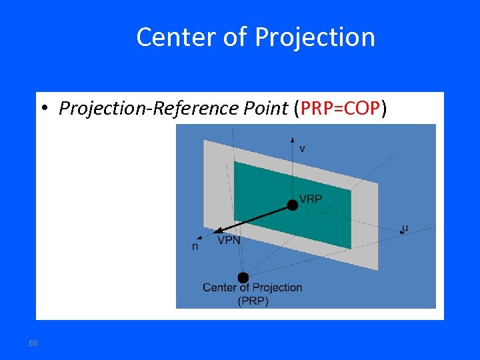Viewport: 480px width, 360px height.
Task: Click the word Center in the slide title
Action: pyautogui.click(x=170, y=37)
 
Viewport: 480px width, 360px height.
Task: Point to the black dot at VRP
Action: pyautogui.click(x=292, y=205)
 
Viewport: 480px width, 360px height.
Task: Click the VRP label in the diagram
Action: pyautogui.click(x=311, y=199)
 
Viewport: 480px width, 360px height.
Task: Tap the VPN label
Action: pyautogui.click(x=229, y=240)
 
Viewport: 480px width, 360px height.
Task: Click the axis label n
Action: pyautogui.click(x=195, y=246)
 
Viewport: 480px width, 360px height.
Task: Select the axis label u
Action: pyautogui.click(x=405, y=228)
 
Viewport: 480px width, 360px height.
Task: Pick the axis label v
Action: pyautogui.click(x=303, y=148)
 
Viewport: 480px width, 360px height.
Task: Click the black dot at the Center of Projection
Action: pyautogui.click(x=243, y=277)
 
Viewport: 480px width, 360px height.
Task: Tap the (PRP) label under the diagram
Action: pyautogui.click(x=253, y=301)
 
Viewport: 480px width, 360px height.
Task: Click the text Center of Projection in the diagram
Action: pyautogui.click(x=252, y=287)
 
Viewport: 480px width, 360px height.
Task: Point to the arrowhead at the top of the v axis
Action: pyautogui.click(x=292, y=139)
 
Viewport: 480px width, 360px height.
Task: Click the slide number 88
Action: pyautogui.click(x=33, y=343)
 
